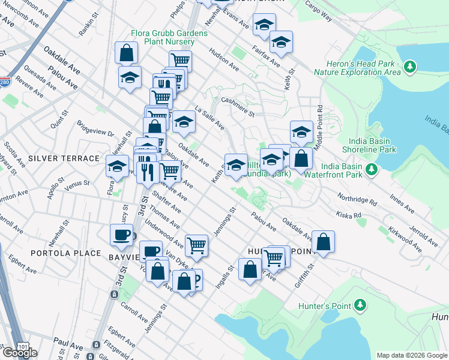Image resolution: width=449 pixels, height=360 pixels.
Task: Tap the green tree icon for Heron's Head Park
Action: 411,65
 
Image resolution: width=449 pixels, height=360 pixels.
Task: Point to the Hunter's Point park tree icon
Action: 360,305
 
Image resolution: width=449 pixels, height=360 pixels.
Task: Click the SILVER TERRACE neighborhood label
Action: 63,158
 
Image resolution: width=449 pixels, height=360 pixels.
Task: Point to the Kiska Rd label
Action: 349,214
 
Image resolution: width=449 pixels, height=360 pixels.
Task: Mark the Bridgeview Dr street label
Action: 95,130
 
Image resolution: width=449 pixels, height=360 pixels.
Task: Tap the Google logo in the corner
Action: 20,353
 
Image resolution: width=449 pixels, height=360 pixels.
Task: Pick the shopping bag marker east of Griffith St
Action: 323,242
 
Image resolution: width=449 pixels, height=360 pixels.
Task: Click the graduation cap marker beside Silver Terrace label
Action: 118,166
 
